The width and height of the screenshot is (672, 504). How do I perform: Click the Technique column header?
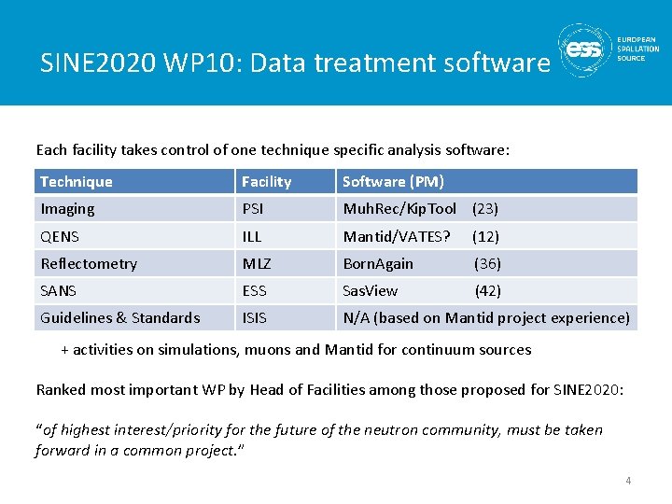(x=77, y=182)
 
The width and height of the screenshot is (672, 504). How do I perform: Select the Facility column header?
(x=267, y=182)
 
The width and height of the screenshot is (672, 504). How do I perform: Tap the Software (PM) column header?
(x=393, y=182)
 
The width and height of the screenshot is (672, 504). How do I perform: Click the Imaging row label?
(x=67, y=209)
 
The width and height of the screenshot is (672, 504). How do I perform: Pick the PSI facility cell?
(x=253, y=209)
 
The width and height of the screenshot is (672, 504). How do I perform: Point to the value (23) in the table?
(x=485, y=209)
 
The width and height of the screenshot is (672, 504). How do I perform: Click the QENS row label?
(x=61, y=236)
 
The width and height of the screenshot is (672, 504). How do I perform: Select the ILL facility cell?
(x=251, y=236)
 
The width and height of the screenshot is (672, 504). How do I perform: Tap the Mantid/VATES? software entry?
(x=397, y=236)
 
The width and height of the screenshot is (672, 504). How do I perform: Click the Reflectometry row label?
(x=89, y=263)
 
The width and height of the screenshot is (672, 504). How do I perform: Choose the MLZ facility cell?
(x=255, y=263)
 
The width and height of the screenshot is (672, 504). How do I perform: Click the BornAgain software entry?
(x=378, y=263)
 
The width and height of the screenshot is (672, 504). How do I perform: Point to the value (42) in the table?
(x=488, y=290)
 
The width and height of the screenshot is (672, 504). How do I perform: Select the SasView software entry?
(x=371, y=290)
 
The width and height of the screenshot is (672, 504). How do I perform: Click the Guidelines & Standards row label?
(x=119, y=317)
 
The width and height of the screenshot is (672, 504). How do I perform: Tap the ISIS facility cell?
(x=254, y=317)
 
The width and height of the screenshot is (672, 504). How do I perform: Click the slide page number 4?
(x=628, y=481)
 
